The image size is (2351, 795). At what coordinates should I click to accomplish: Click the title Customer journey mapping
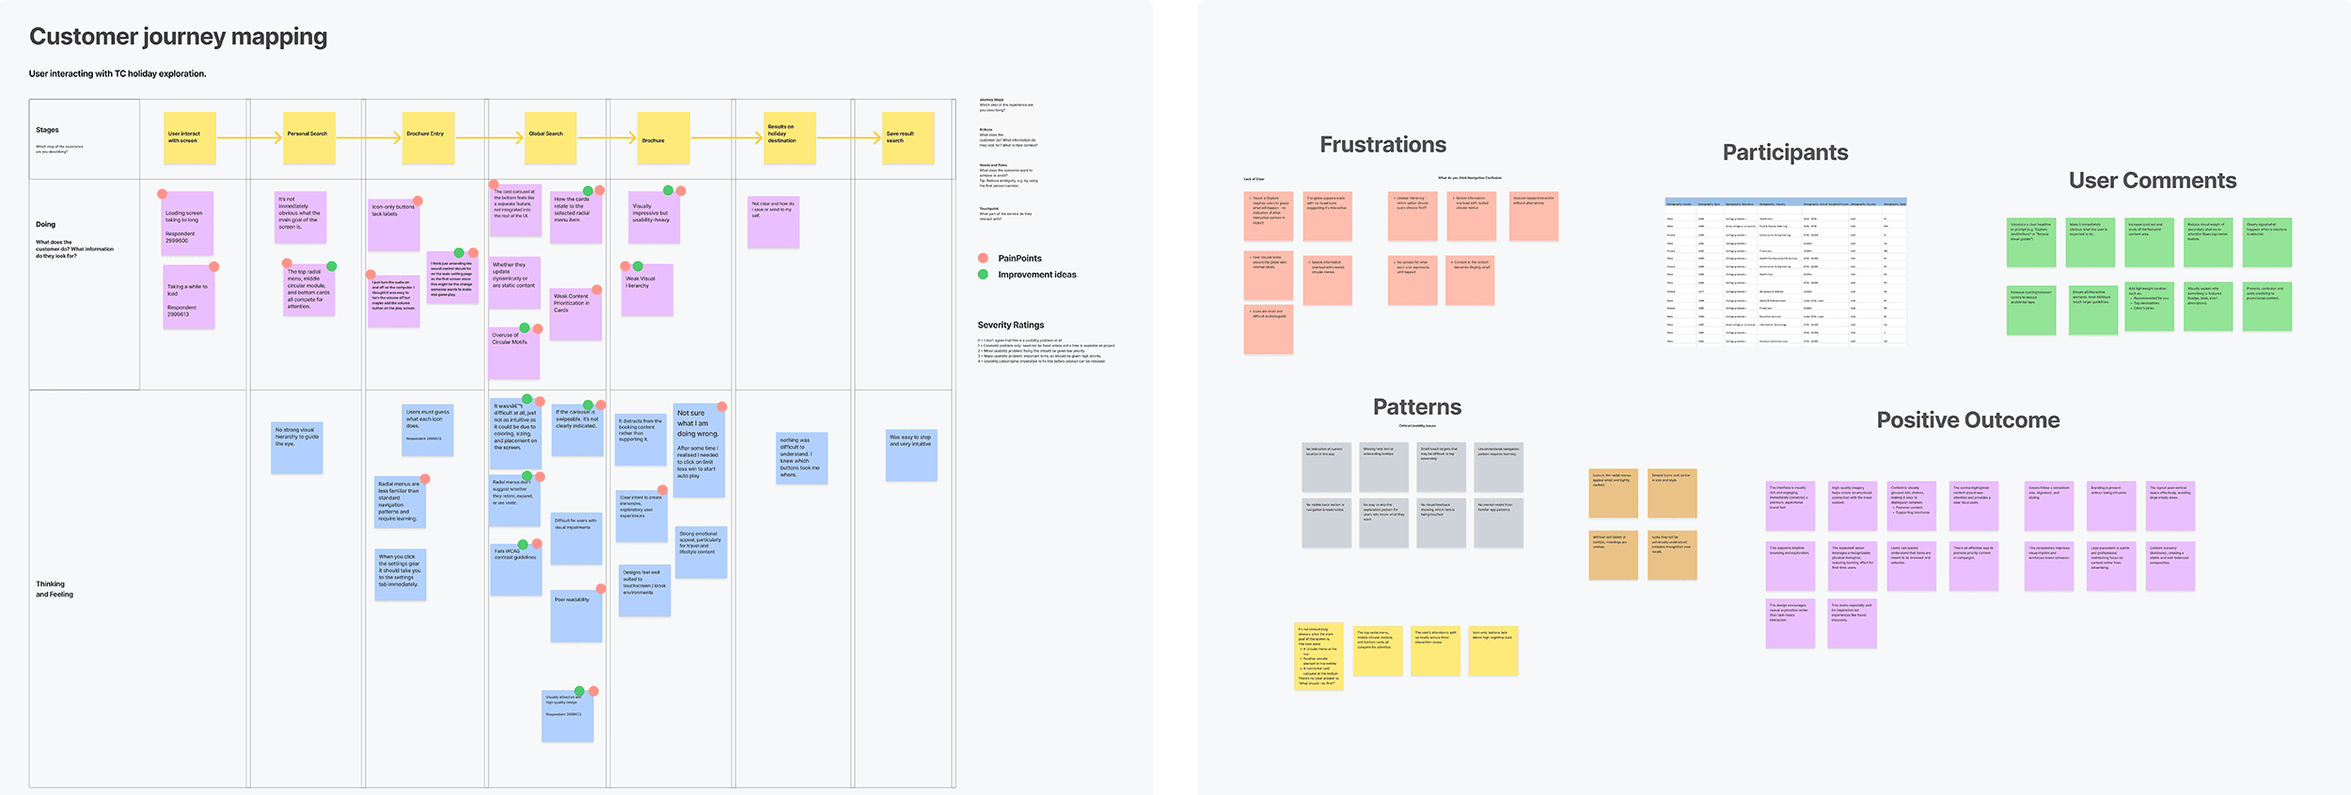pyautogui.click(x=178, y=37)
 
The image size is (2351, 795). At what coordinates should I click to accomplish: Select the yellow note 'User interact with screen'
pyautogui.click(x=189, y=137)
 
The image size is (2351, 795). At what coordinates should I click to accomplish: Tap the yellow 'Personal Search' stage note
pyautogui.click(x=309, y=137)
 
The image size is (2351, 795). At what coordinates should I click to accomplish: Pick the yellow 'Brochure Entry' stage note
pyautogui.click(x=428, y=137)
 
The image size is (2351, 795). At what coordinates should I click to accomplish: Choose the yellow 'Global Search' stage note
pyautogui.click(x=549, y=137)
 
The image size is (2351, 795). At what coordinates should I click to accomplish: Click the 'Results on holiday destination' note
pyautogui.click(x=788, y=137)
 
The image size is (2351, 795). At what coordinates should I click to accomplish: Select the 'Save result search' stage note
pyautogui.click(x=907, y=137)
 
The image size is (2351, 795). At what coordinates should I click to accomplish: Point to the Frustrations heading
pyautogui.click(x=1382, y=145)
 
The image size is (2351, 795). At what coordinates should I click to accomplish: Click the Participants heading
pyautogui.click(x=1785, y=152)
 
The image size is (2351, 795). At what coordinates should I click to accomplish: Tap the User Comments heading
pyautogui.click(x=2152, y=181)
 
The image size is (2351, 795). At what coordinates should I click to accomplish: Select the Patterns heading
pyautogui.click(x=1416, y=407)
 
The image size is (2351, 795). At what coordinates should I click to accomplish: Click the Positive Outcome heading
pyautogui.click(x=1967, y=421)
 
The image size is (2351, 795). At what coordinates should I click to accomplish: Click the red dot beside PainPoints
pyautogui.click(x=983, y=258)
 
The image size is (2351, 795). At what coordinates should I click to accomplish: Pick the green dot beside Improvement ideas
pyautogui.click(x=983, y=275)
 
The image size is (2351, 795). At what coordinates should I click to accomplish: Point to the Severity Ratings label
pyautogui.click(x=1010, y=326)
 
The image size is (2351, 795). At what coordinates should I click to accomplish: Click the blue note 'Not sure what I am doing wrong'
pyautogui.click(x=699, y=451)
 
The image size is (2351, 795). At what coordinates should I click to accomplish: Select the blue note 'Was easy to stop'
pyautogui.click(x=910, y=455)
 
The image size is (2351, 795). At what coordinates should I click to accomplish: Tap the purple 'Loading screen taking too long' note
pyautogui.click(x=187, y=223)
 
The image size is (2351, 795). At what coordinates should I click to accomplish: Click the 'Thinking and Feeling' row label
pyautogui.click(x=55, y=589)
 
